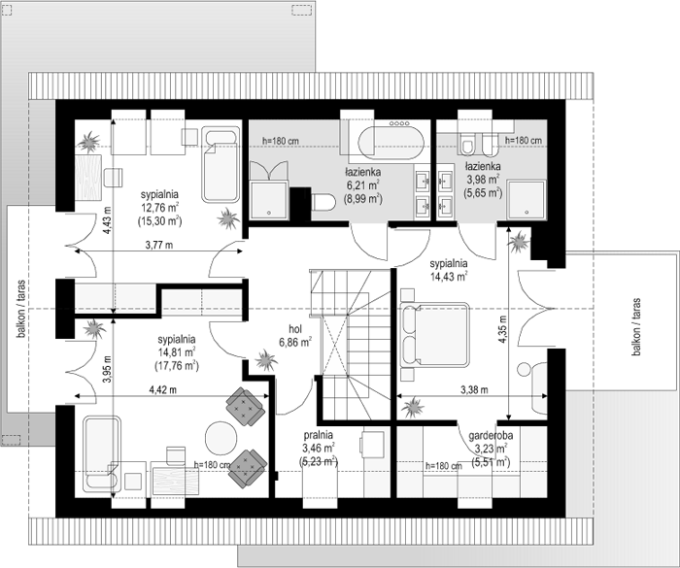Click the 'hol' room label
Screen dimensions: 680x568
[x=295, y=329]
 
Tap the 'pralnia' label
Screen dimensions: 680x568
[x=319, y=434]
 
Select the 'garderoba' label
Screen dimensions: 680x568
[x=491, y=435]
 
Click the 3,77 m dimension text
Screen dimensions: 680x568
[x=158, y=245]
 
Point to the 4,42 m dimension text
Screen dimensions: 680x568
[x=162, y=389]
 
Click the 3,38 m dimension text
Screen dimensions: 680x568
[x=474, y=389]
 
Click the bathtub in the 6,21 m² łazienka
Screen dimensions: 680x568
[x=391, y=143]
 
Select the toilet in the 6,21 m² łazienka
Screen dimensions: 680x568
[x=323, y=203]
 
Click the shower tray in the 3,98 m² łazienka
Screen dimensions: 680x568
[x=527, y=199]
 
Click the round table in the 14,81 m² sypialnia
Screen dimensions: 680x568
[x=221, y=438]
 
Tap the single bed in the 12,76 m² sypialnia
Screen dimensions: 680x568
[x=221, y=165]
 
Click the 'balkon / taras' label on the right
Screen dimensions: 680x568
[x=636, y=326]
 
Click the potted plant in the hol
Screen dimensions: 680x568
[x=265, y=359]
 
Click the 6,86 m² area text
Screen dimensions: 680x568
[x=295, y=342]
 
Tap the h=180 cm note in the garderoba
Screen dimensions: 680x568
[x=444, y=466]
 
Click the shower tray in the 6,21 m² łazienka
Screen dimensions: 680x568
[x=268, y=200]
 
